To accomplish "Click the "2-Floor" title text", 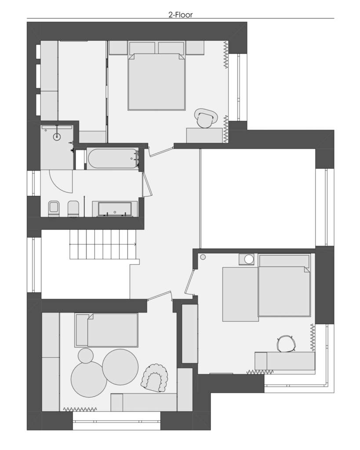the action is pos(180,15).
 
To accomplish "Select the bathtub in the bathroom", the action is pos(113,158).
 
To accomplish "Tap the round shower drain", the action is pos(57,137).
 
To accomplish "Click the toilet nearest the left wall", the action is pos(54,209).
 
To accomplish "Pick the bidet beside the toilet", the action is pos(73,209).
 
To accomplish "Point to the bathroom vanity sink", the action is pos(115,209).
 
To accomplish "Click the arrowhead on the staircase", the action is pos(135,244).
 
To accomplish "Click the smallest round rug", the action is pos(86,356).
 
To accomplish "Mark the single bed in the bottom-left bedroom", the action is pos(106,330).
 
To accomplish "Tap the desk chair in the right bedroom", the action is pos(286,344).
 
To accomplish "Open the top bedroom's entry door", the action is pos(161,151).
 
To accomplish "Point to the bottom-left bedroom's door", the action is pos(160,296).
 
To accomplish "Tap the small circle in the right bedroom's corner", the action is pos(203,257).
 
